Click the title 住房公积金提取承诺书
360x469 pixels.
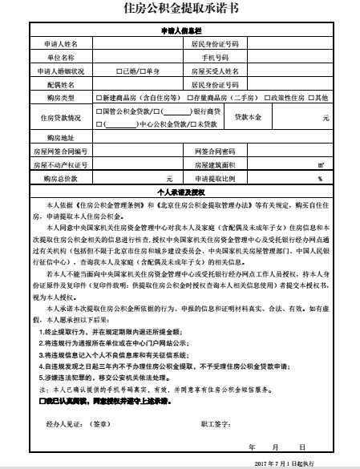click(180, 10)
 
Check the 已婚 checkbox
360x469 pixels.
click(119, 71)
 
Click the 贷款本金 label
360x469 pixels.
click(249, 117)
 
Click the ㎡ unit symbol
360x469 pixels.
click(320, 164)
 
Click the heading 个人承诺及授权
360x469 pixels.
click(180, 193)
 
